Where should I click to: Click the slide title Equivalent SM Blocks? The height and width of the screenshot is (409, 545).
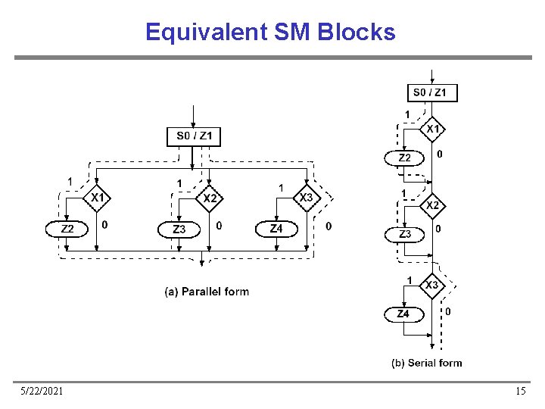coord(270,33)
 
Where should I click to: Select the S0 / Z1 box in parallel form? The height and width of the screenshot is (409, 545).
coord(194,137)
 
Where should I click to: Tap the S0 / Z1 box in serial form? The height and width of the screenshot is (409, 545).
coord(432,93)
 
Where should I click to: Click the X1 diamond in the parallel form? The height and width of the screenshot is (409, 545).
coord(97,198)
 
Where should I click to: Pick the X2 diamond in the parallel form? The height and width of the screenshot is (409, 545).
coord(210,198)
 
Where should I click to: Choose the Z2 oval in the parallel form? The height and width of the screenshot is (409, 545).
coord(67,228)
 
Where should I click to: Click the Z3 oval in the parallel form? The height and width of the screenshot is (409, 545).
coord(179,229)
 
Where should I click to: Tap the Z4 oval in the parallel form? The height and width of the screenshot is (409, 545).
coord(276,228)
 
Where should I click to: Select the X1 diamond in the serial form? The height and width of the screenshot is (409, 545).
coord(431,129)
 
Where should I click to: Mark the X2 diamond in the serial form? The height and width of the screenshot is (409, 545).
coord(431,205)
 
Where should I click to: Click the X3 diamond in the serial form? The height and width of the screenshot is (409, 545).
coord(431,286)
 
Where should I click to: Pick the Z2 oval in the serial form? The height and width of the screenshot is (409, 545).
coord(404,158)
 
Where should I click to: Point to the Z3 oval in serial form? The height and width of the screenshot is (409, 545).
coord(404,235)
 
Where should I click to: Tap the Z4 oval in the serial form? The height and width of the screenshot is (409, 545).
coord(403,314)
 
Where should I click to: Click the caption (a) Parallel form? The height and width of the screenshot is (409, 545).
coord(207,292)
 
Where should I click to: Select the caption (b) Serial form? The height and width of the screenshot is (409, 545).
coord(426,363)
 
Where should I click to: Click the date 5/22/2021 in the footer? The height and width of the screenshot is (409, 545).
coord(42,391)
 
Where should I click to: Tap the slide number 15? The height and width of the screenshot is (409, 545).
coord(520,391)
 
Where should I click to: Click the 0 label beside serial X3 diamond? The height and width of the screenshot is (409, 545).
coord(448,311)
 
